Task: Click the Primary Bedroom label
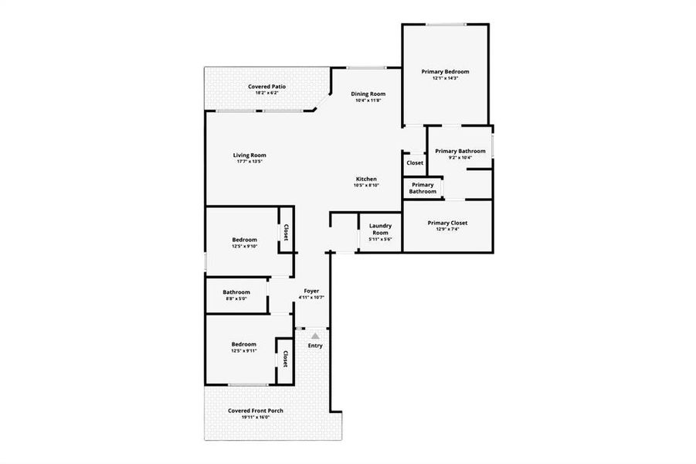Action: pos(445,71)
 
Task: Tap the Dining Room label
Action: pos(369,94)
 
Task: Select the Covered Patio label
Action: pos(267,86)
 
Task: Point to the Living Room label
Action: pos(250,155)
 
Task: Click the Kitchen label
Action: pos(366,179)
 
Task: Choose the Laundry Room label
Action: pos(380,229)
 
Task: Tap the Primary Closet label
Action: pos(447,223)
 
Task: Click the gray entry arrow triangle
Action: pos(315,336)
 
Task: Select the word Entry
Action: pos(315,345)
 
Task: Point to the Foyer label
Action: pos(311,291)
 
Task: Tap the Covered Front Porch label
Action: pos(255,411)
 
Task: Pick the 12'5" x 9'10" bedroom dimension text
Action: pos(244,247)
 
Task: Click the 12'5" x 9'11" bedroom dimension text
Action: pos(243,351)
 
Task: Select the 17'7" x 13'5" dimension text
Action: pos(250,162)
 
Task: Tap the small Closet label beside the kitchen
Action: pos(415,163)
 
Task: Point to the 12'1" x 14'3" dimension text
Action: pos(445,78)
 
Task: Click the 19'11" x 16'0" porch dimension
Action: pos(255,417)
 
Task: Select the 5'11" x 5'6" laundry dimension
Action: pos(380,239)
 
